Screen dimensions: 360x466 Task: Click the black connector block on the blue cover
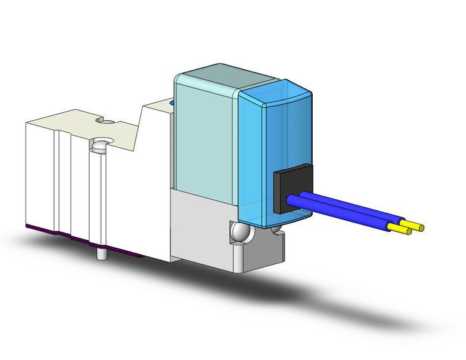coord(291,190)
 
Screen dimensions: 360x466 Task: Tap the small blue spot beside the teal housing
coord(172,103)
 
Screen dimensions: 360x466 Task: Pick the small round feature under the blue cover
coord(276,231)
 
